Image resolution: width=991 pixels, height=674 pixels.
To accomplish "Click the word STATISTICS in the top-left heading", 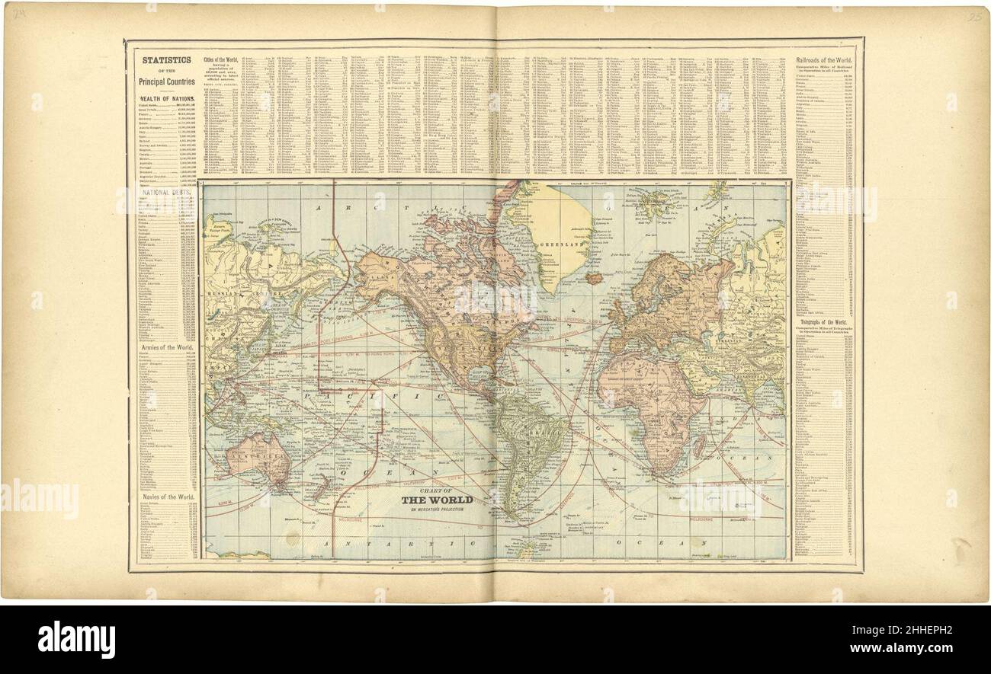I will point(166,59).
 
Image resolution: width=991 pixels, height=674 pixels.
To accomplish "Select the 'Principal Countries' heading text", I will point(166,81).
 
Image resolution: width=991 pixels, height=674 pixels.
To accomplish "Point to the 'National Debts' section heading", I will point(166,193).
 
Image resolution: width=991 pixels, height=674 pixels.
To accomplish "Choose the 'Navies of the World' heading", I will point(166,497).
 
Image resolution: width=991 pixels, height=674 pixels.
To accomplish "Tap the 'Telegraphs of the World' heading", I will point(824,323).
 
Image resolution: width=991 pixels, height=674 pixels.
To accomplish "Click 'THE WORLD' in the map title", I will point(437,500).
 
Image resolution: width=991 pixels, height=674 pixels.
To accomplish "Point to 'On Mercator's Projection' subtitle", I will point(437,509).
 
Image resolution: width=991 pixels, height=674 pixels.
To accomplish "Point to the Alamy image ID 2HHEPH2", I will point(922,631).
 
